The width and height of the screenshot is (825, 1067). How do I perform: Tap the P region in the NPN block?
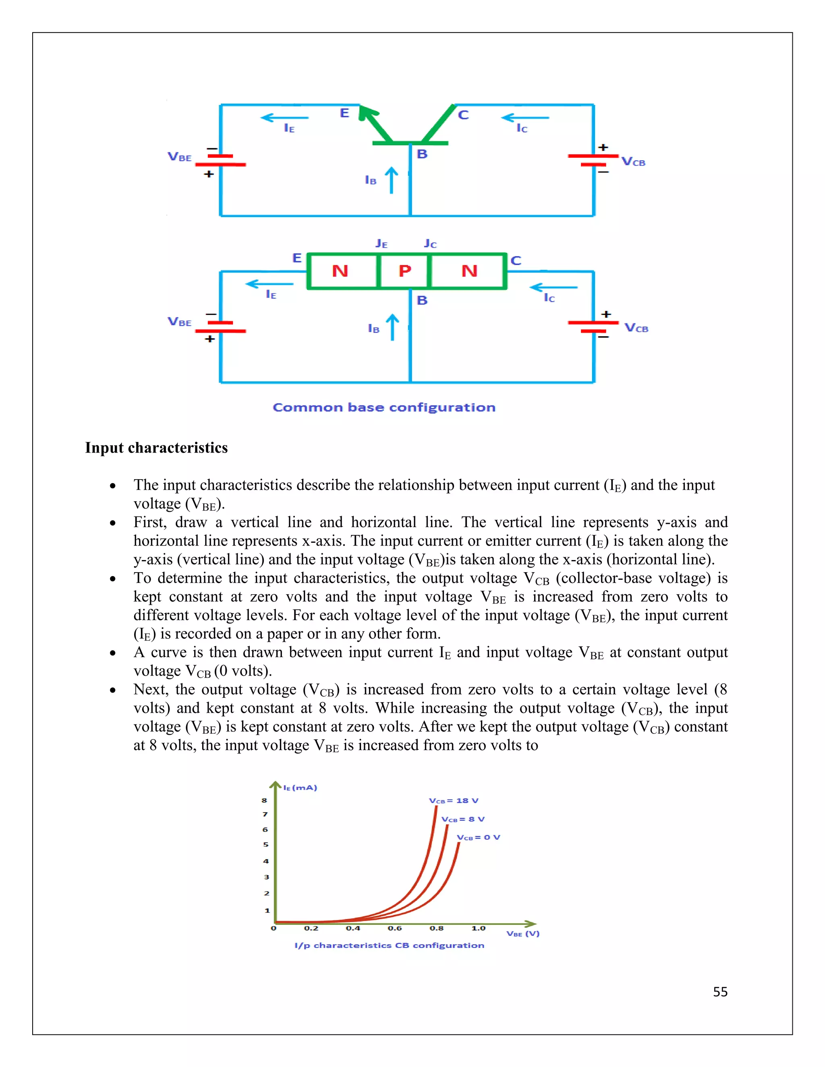coord(405,271)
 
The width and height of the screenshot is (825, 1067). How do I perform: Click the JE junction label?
coord(381,243)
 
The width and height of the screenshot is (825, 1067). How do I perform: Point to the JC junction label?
coord(430,243)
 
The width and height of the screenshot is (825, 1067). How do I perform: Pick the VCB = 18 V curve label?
coord(453,801)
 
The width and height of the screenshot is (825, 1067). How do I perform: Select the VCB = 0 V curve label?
coord(478,837)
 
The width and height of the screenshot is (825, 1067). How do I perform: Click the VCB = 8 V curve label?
coord(462,819)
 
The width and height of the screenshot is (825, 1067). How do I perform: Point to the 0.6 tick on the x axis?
coord(394,928)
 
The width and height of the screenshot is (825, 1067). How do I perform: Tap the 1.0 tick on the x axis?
coord(478,928)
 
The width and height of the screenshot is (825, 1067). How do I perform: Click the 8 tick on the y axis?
coord(264,800)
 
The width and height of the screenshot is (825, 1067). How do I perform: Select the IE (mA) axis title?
coord(300,788)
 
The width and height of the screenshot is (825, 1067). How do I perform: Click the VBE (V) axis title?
coord(522,934)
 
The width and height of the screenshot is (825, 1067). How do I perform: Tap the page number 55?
coord(720,992)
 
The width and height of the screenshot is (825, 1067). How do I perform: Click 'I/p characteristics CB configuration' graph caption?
coord(389,945)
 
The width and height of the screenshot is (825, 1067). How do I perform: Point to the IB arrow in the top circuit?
coord(391,180)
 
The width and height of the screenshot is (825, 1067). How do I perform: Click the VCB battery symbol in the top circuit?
coord(593,160)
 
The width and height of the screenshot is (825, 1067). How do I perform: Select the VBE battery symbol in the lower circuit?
coord(220,327)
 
